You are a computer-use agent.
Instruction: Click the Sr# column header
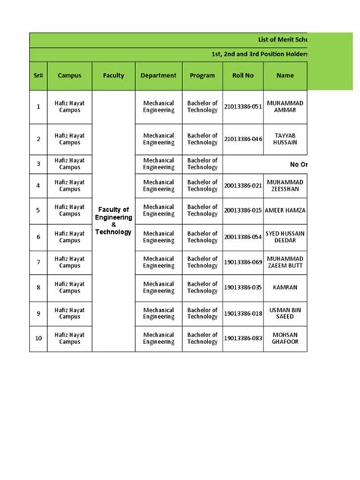(38, 76)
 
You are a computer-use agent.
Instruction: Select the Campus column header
(69, 76)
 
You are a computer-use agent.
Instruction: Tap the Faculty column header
(113, 76)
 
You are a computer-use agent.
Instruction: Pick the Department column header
(158, 76)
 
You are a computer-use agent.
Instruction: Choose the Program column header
(202, 76)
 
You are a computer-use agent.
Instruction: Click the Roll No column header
(242, 76)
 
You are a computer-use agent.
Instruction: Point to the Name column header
(285, 76)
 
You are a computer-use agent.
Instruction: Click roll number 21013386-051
(242, 107)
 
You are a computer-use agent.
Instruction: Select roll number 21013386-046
(242, 139)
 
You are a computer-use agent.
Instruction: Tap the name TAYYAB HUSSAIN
(285, 139)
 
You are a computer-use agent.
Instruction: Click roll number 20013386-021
(242, 185)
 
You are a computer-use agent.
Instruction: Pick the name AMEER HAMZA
(285, 210)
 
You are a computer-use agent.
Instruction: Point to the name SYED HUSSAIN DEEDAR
(285, 237)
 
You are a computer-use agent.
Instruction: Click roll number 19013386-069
(242, 262)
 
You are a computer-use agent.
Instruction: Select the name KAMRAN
(285, 288)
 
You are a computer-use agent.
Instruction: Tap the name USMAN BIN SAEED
(285, 314)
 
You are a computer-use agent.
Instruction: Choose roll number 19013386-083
(242, 338)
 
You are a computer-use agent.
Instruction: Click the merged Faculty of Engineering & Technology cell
(113, 220)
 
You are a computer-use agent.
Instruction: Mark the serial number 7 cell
(38, 262)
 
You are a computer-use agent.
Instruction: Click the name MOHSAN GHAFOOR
(285, 338)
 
